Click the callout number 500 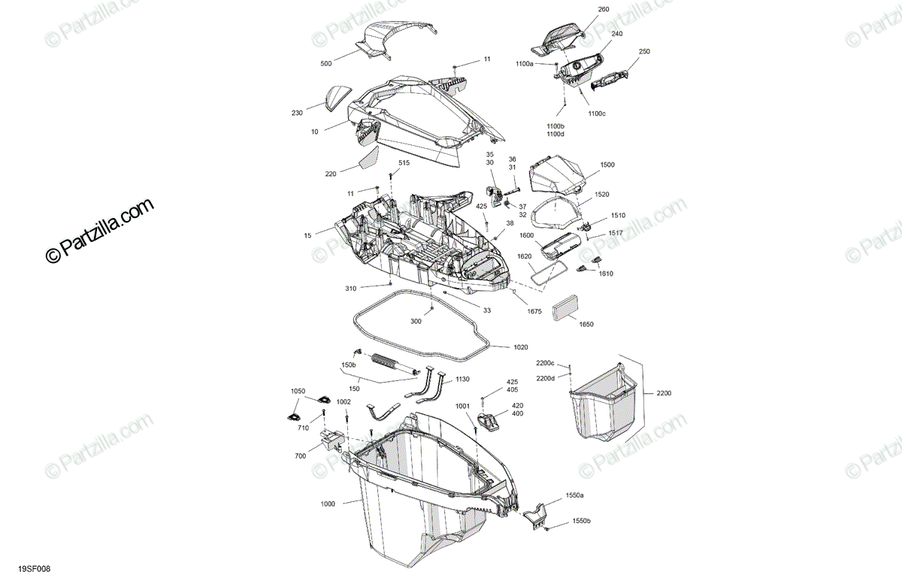pos(325,64)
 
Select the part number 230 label pos(297,113)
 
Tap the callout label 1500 pos(607,164)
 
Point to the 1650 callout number pos(586,324)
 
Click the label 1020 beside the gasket pos(521,347)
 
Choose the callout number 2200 pos(664,393)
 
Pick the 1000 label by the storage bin pos(328,504)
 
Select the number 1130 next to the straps pos(462,380)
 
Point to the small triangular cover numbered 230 pos(338,97)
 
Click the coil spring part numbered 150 pos(389,362)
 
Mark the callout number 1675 pos(534,310)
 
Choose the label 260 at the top pos(604,9)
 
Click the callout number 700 pos(301,456)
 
